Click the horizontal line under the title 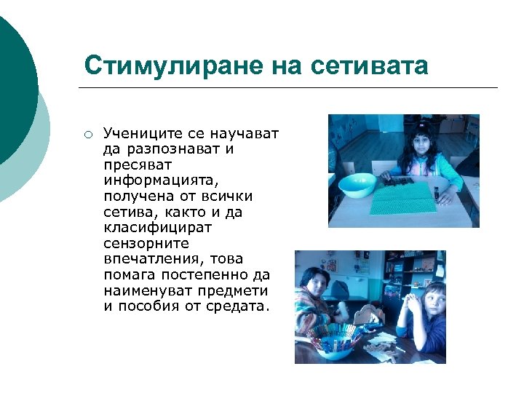click(287, 88)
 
